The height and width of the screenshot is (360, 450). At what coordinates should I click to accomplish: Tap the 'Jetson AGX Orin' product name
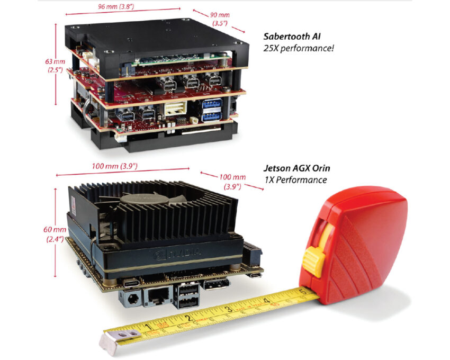coord(295,169)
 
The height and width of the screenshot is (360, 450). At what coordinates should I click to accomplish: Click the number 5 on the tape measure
coord(302,291)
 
